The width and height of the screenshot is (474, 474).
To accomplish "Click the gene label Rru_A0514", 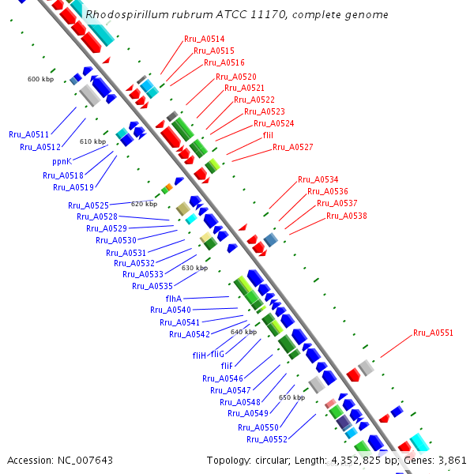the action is (204, 39).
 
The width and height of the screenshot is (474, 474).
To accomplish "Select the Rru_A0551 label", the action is (433, 333).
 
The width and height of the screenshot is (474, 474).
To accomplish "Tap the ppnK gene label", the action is (62, 160).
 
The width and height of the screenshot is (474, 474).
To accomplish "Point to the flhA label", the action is (174, 299).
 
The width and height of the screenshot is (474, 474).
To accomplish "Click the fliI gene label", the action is (268, 135).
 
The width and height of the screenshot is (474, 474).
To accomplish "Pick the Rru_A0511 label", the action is (28, 135).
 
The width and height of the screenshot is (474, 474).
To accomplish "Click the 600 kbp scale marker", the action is (40, 79).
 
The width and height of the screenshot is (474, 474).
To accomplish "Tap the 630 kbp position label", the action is (194, 268).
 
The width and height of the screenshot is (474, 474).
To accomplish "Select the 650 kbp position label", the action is (292, 397).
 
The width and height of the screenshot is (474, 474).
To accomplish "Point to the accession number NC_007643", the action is (82, 460).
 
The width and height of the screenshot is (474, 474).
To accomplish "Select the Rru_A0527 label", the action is (292, 148).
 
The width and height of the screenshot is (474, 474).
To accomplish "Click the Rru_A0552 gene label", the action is (266, 439).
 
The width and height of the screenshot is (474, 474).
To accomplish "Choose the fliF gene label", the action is (226, 366).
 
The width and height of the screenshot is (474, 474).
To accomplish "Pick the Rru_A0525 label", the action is (88, 205).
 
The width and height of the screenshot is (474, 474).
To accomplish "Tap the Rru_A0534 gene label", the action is (318, 179).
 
